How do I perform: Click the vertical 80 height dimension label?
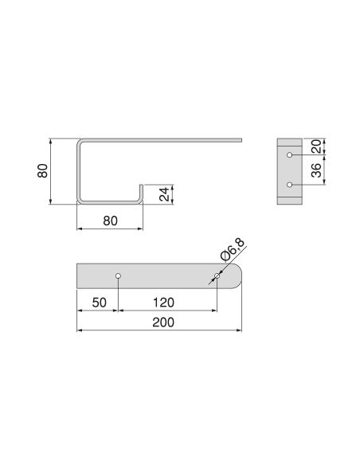43,171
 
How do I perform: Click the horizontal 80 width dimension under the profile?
110,221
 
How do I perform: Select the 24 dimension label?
164,194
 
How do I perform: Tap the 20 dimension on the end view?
315,147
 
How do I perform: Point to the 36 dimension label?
315,170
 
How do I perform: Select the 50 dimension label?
99,303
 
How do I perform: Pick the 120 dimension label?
164,303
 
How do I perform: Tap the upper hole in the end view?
290,154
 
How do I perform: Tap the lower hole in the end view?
290,185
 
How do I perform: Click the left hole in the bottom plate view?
119,276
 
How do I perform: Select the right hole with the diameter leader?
217,276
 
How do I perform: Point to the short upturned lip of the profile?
141,193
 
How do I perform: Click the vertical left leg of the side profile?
78,171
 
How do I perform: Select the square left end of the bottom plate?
79,276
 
